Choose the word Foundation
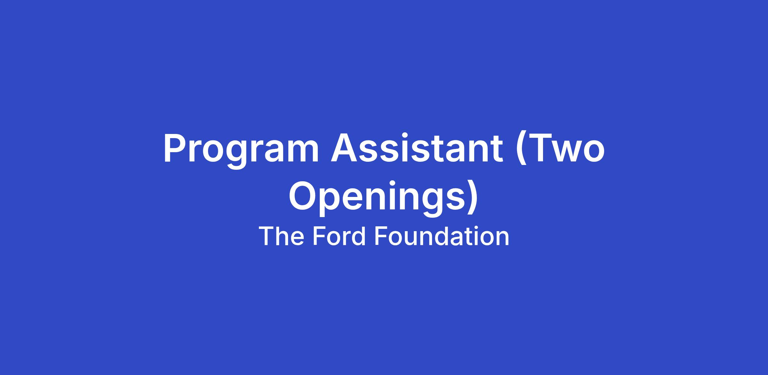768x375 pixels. point(442,237)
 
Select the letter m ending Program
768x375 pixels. point(302,152)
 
